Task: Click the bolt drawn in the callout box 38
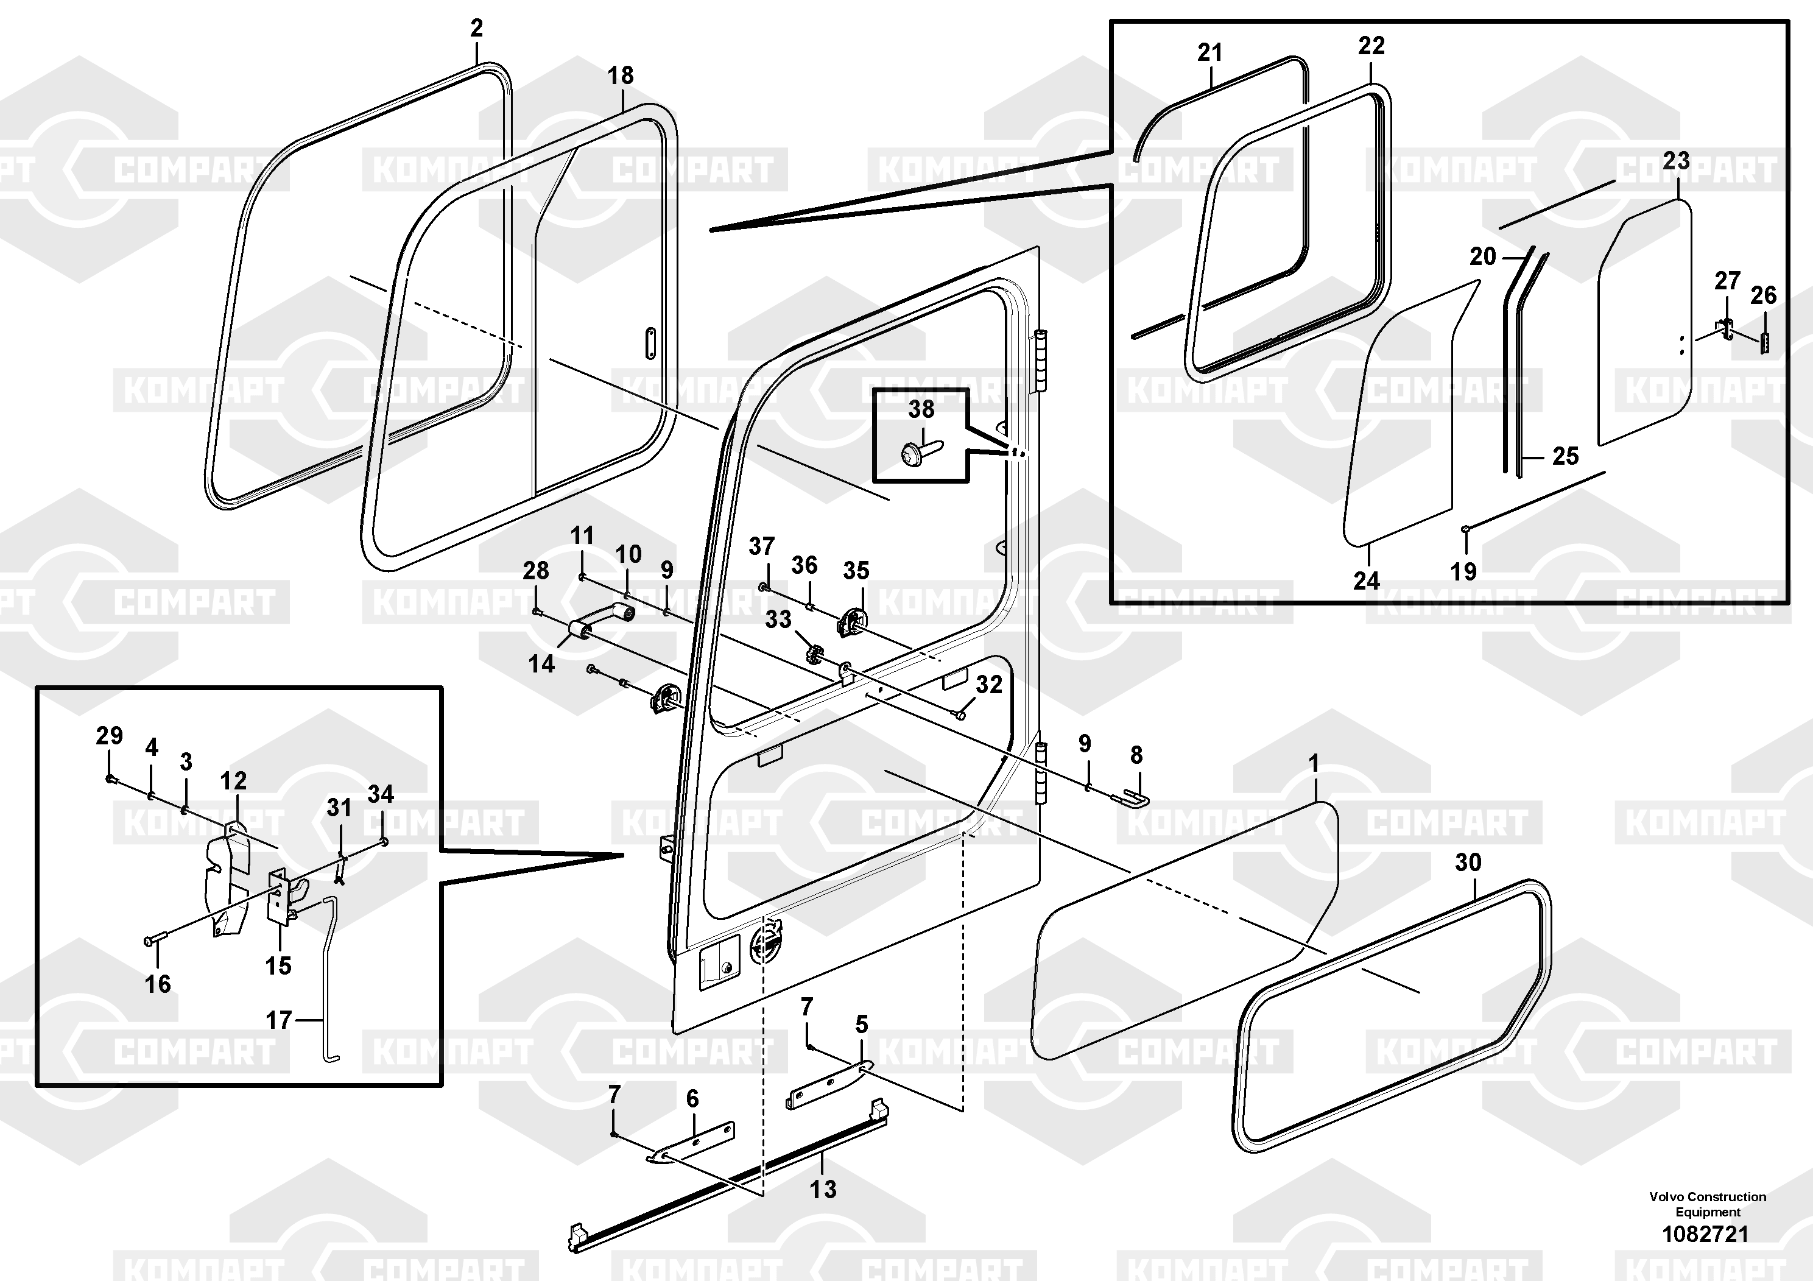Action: (918, 452)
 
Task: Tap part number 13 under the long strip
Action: (823, 1188)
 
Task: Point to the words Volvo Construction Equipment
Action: (1707, 1204)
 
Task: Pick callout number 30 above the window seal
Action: (1468, 863)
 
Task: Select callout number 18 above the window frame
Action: (621, 76)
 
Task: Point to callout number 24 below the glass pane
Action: (1366, 581)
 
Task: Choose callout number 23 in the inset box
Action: (1675, 161)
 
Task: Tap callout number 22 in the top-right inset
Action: (1371, 46)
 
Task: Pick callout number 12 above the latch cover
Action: (233, 781)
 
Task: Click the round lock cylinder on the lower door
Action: (764, 945)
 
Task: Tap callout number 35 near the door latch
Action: (856, 570)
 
